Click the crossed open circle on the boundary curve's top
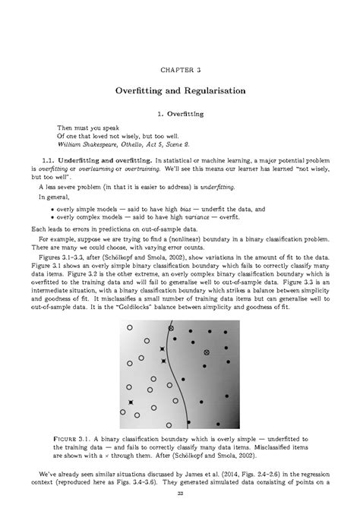(172, 328)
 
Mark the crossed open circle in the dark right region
(206, 353)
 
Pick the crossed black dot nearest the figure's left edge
(130, 402)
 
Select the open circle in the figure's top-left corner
(129, 328)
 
